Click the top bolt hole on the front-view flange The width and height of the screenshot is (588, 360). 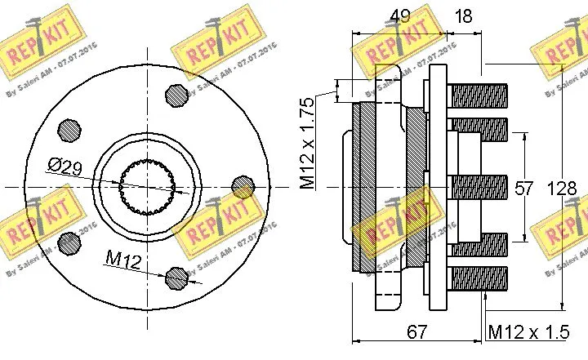click(176, 96)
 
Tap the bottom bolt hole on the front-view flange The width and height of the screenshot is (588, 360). click(176, 278)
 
